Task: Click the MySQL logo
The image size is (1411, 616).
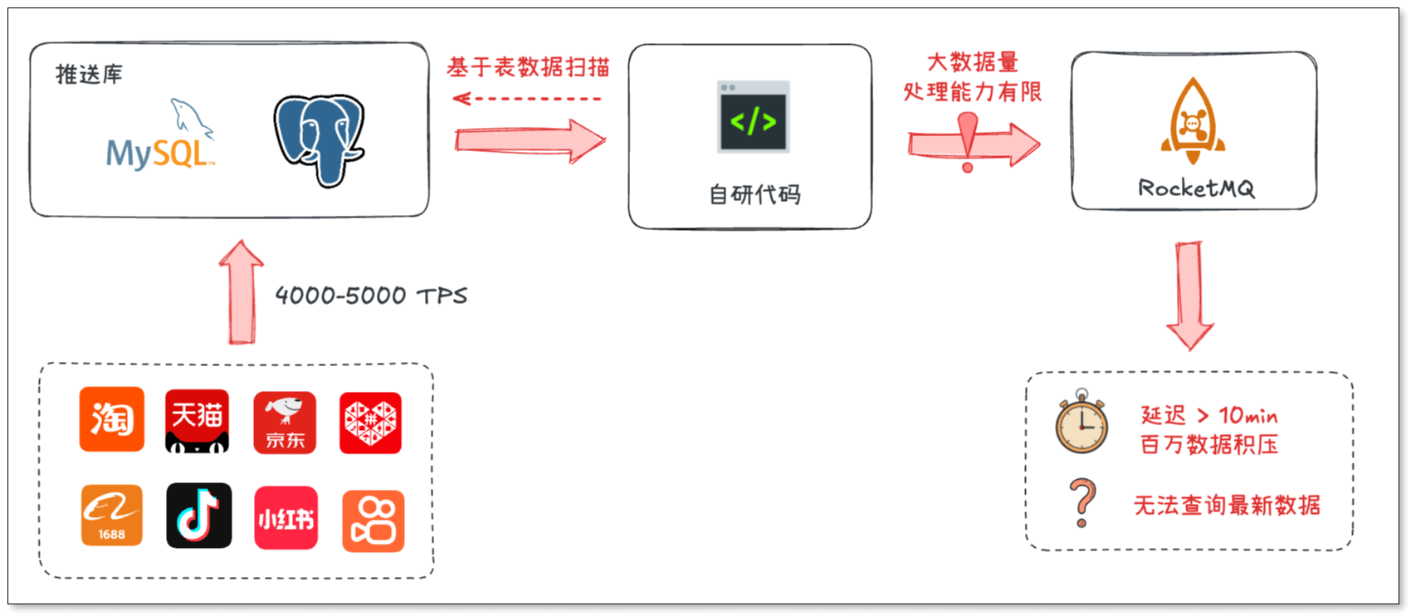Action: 160,136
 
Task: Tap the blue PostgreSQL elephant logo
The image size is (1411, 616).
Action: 320,139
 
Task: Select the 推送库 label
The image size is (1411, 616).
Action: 89,75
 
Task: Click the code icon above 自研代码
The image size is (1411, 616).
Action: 753,117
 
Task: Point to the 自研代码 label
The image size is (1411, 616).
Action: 754,194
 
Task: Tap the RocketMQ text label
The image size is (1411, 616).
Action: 1196,188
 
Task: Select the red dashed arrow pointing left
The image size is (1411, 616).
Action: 527,99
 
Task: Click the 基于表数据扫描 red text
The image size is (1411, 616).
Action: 528,67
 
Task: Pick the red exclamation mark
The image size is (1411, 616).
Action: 968,140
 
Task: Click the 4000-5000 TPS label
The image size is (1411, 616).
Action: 371,296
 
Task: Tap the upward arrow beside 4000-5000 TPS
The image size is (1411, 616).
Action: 242,292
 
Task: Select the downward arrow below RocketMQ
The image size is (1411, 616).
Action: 1190,295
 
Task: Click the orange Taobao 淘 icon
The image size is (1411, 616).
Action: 112,419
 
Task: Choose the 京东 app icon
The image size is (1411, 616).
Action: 285,422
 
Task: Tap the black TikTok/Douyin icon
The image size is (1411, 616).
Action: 199,516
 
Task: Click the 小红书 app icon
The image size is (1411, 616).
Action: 286,518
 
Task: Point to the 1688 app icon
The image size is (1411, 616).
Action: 112,516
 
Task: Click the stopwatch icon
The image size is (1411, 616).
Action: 1081,422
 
